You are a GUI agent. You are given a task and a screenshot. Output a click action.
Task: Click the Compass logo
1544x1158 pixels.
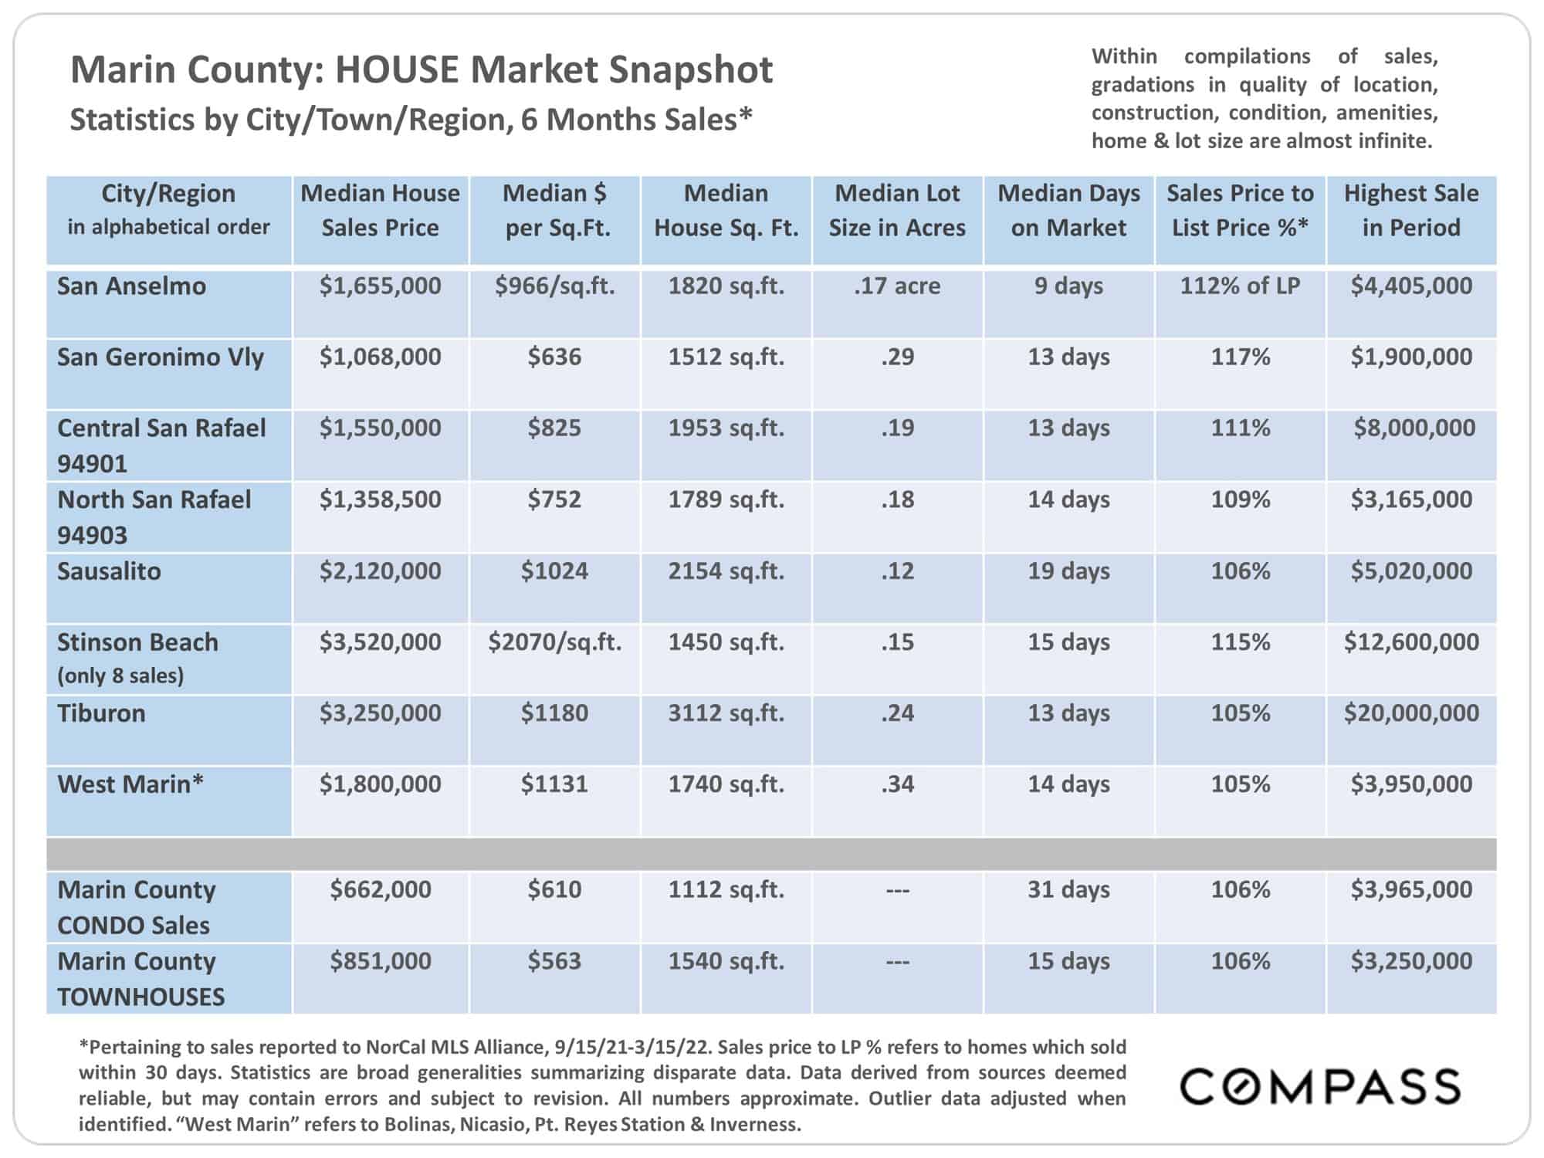(1320, 1086)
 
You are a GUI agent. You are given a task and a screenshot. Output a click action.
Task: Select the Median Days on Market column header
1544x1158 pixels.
(1068, 210)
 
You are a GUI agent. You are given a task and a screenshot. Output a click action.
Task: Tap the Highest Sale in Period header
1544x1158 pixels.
(1411, 210)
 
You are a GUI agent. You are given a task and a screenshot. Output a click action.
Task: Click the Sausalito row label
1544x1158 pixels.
(109, 571)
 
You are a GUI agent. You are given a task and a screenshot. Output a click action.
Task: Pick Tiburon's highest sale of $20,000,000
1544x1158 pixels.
(1411, 713)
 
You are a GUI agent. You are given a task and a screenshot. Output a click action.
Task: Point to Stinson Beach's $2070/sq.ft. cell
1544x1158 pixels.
(554, 642)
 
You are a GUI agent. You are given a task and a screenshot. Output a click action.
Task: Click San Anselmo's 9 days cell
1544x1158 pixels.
(1068, 286)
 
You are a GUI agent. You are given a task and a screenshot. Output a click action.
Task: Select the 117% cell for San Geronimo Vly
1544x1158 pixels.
(1240, 357)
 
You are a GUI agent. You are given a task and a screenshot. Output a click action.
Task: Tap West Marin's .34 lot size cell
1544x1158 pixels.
(897, 784)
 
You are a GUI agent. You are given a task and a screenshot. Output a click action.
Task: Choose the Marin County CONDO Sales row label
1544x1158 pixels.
(137, 907)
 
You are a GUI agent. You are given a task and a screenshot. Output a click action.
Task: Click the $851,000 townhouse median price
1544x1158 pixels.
(381, 961)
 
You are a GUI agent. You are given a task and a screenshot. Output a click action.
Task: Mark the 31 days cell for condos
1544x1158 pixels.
(1068, 889)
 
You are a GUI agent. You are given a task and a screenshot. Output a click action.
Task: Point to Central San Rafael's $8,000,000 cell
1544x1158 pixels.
(1414, 428)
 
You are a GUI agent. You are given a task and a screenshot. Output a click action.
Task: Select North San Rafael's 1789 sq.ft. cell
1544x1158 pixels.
(726, 499)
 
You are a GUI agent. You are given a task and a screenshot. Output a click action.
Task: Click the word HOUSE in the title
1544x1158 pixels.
(398, 69)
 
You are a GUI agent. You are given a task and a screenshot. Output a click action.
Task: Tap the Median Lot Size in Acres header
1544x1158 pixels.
(897, 210)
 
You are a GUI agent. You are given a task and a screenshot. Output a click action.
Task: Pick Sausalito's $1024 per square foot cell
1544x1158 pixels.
(554, 571)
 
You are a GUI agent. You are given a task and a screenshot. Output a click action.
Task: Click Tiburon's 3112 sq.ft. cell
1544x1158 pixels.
(726, 713)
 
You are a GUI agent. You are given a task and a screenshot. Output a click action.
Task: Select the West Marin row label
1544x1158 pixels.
(130, 784)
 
